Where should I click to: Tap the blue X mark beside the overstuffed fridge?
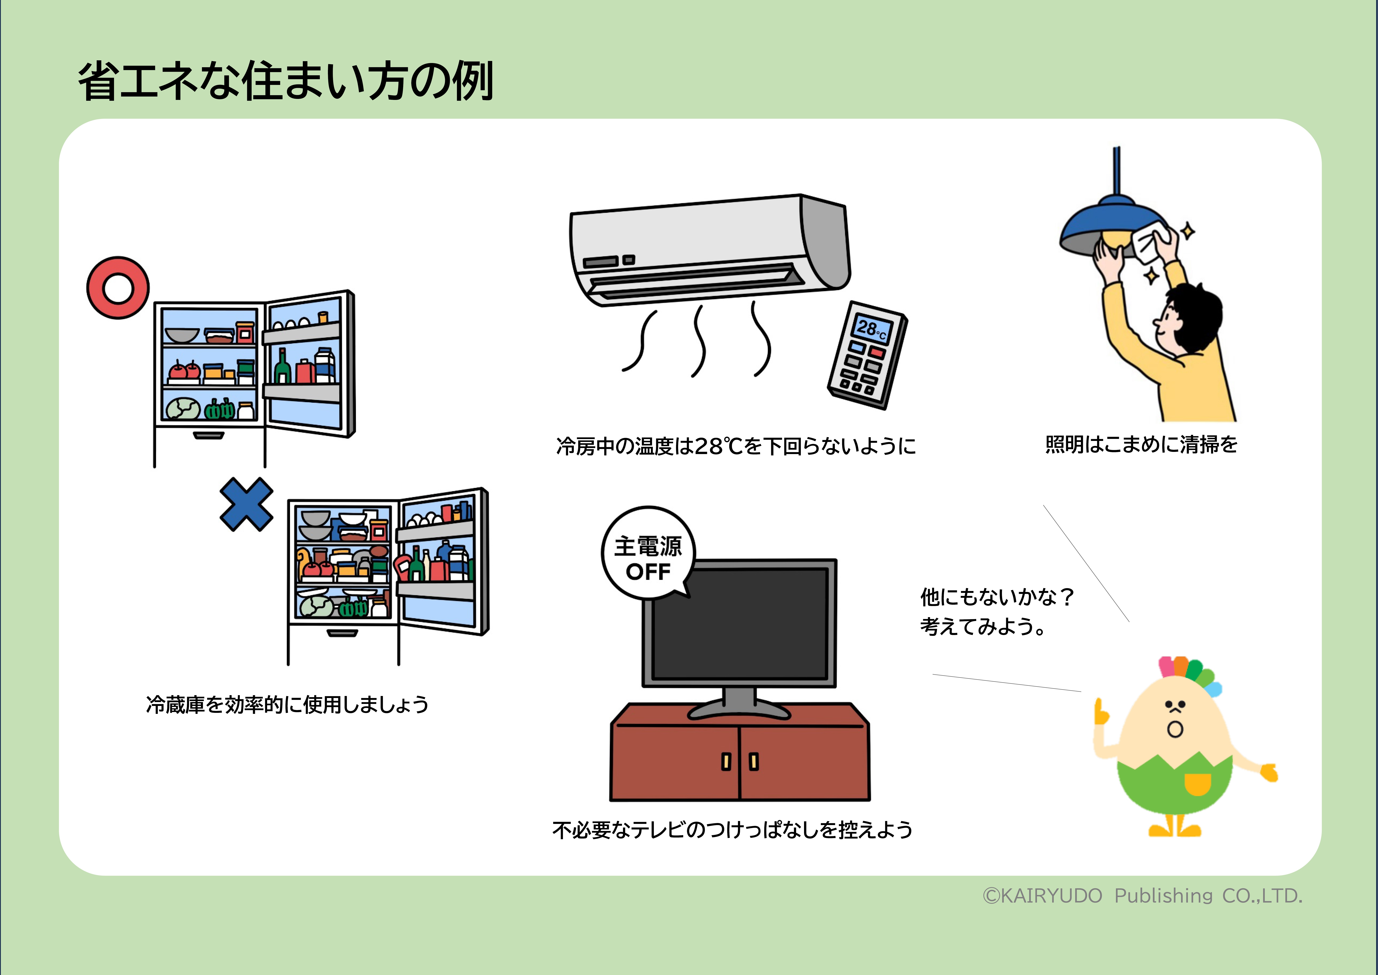click(246, 504)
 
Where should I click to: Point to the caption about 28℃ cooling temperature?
click(736, 446)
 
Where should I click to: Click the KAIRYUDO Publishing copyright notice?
click(1142, 896)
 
